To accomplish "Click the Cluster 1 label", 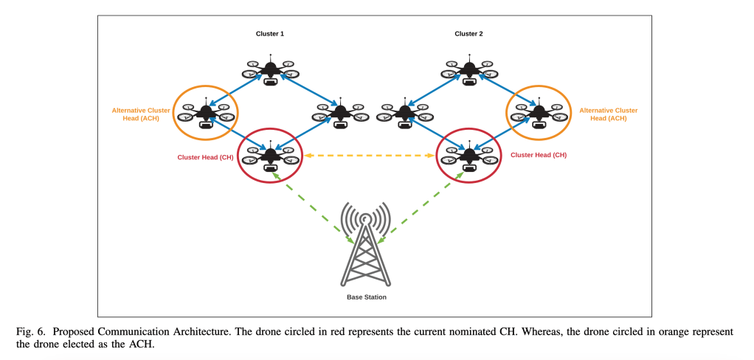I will click(x=270, y=34).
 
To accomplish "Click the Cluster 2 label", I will click(x=468, y=34).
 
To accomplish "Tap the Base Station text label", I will click(x=367, y=297).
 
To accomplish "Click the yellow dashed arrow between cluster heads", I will click(x=369, y=156).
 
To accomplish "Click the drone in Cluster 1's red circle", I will click(x=270, y=156).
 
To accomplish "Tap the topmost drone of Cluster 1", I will click(x=271, y=71).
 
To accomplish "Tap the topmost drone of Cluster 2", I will click(x=468, y=71).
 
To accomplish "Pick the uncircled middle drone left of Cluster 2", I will click(x=404, y=114).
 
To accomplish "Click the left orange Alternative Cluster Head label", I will click(x=141, y=114).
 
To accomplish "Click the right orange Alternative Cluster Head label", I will click(x=609, y=114).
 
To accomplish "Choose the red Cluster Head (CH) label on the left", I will click(x=206, y=156).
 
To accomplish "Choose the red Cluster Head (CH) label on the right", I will click(x=539, y=156).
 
